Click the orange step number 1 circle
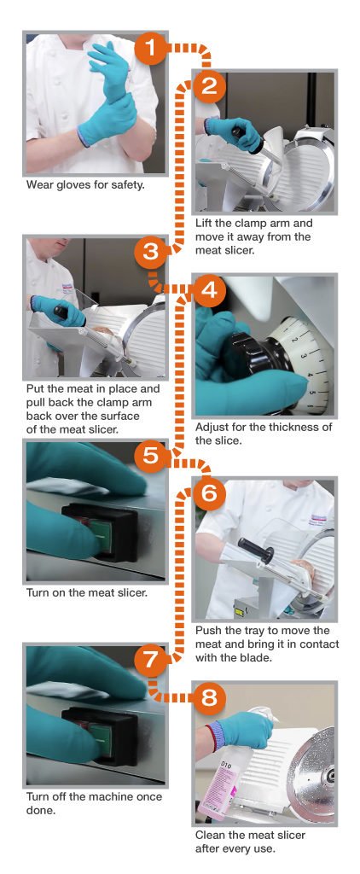[x=150, y=48]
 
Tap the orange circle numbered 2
[x=208, y=86]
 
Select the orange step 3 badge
[x=150, y=253]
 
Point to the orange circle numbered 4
[x=208, y=290]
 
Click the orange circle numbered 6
[x=208, y=493]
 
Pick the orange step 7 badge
[x=150, y=660]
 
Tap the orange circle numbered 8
[x=208, y=697]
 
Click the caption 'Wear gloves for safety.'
[x=85, y=184]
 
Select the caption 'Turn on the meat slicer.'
[x=87, y=592]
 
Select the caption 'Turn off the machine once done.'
[x=94, y=802]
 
